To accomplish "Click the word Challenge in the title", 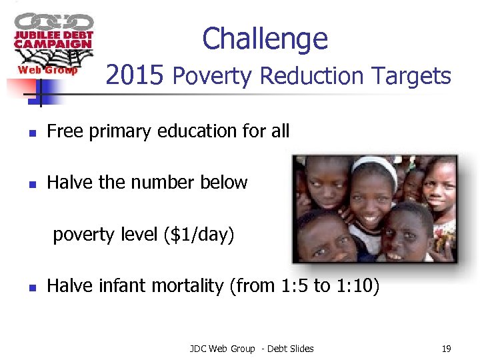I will [x=265, y=39].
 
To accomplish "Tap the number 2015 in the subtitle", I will [x=135, y=76].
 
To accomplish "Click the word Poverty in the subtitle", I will [x=213, y=77].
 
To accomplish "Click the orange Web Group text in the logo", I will [x=47, y=70].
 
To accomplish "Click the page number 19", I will [x=446, y=348].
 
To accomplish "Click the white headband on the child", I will [x=377, y=165].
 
